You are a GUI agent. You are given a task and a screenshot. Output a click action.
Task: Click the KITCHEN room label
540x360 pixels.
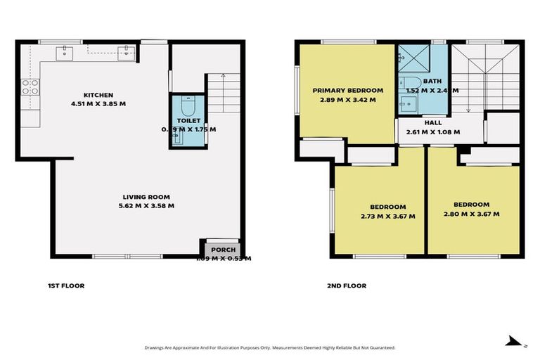[98, 95]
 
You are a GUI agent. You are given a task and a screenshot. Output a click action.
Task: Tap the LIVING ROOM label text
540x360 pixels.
[147, 197]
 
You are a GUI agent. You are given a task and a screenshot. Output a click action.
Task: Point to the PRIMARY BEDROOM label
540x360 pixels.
[348, 91]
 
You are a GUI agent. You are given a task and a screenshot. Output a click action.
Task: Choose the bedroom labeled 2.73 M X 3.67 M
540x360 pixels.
[387, 207]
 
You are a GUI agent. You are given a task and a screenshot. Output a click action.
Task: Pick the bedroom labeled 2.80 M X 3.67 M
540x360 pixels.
[471, 205]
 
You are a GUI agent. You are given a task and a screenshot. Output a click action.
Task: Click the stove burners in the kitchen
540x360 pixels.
[31, 87]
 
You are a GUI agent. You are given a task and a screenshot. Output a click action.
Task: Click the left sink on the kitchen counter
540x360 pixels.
[65, 50]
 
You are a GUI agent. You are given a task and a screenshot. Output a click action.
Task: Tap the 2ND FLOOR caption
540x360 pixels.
[347, 285]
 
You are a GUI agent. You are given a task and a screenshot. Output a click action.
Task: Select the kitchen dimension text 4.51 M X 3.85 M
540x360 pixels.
[98, 104]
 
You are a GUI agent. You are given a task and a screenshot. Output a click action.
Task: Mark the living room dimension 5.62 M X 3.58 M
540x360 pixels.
[147, 206]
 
